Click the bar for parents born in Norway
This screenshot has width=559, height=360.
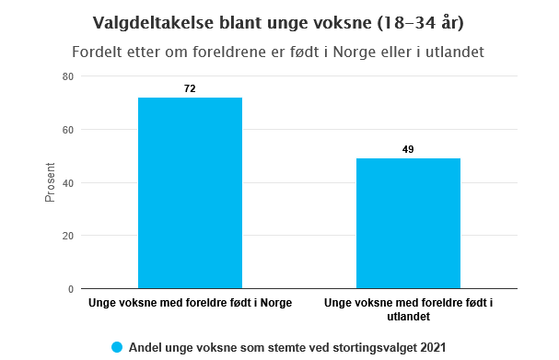click(x=190, y=192)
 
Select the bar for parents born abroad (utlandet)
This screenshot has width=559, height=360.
click(x=408, y=224)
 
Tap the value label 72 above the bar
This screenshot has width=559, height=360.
click(x=190, y=88)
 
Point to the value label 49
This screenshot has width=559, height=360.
click(x=408, y=149)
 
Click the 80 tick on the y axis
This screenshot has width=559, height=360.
click(x=68, y=76)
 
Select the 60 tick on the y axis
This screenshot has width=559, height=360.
click(x=68, y=130)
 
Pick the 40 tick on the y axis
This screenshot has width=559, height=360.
click(x=68, y=183)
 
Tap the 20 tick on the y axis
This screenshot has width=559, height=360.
click(x=68, y=236)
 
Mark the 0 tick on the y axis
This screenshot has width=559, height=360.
click(x=71, y=289)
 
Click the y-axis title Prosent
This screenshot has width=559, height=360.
click(x=50, y=182)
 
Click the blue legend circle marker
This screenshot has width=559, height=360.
click(x=117, y=347)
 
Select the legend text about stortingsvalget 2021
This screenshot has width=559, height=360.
click(x=287, y=347)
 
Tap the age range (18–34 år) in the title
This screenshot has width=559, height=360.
click(x=420, y=23)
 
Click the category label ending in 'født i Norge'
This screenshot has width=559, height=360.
click(x=190, y=303)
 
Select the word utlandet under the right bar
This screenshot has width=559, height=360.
click(x=409, y=317)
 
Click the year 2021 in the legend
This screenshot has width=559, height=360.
click(x=433, y=347)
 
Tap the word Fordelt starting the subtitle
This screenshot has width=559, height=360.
click(x=92, y=52)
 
